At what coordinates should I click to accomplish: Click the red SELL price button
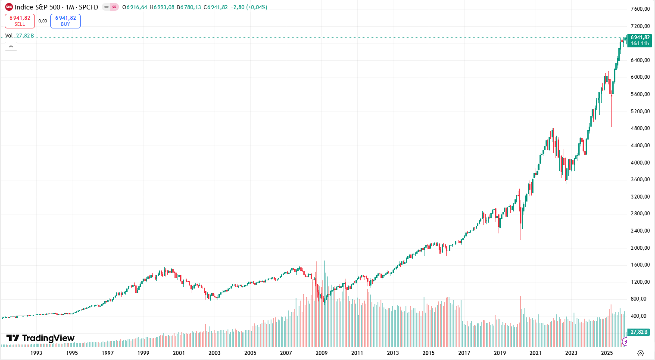coord(20,21)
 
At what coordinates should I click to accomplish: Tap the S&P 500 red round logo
coord(9,7)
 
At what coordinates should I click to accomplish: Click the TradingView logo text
coord(41,338)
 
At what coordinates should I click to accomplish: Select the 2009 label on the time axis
coord(321,353)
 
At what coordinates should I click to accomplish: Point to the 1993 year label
coord(36,353)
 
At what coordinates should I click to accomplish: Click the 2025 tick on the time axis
coord(607,353)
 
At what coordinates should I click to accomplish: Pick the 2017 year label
coord(464,353)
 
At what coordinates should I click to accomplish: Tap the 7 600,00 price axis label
coord(640,9)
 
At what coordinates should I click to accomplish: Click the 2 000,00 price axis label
coord(640,248)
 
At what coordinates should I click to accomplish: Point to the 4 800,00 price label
coord(640,128)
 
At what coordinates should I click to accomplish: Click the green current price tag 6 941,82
coord(640,40)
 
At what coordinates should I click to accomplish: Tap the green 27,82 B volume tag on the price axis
coord(639,332)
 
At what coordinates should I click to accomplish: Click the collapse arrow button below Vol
coord(11,46)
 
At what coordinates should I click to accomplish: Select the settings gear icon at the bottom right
coord(640,353)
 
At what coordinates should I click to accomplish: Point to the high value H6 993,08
coord(162,7)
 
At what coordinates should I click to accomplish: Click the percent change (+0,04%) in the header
coord(256,7)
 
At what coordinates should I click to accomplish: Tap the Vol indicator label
coord(9,36)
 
